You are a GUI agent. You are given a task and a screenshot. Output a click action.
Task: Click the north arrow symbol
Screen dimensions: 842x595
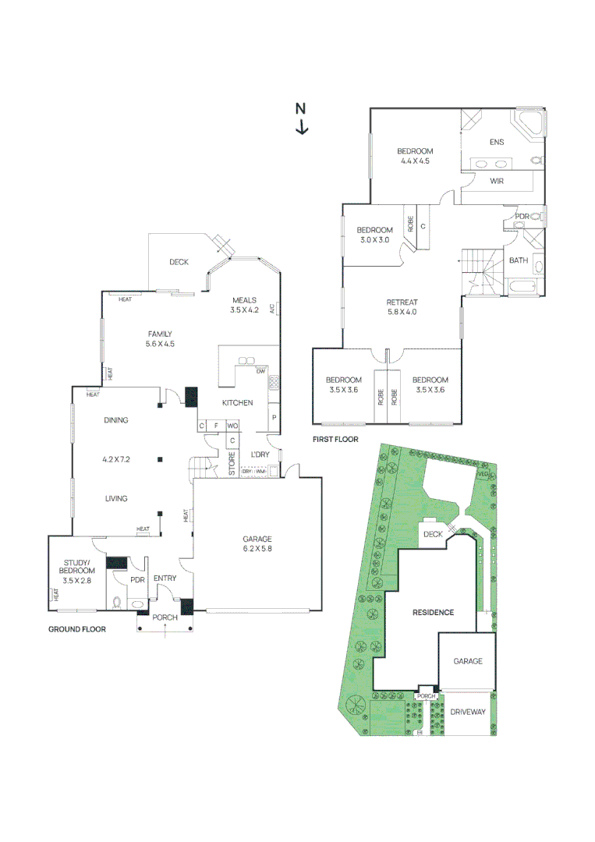[301, 119]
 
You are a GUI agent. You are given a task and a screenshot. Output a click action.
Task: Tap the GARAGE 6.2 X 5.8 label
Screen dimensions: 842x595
[256, 543]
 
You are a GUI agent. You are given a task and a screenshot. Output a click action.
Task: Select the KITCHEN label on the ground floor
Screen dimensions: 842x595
[238, 402]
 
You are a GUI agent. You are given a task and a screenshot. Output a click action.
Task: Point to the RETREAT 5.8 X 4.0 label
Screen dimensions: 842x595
[402, 307]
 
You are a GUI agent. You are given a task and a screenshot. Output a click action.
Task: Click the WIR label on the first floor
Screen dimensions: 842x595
[496, 181]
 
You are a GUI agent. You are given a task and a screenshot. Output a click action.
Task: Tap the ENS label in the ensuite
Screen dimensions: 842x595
[497, 142]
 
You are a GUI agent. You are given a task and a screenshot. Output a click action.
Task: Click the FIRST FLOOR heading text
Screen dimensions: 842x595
[335, 440]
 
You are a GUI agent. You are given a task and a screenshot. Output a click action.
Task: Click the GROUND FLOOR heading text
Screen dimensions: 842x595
[77, 628]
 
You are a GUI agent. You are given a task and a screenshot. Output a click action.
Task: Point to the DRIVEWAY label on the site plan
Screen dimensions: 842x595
[467, 713]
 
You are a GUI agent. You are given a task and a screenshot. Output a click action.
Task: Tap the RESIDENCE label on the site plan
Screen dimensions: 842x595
[432, 613]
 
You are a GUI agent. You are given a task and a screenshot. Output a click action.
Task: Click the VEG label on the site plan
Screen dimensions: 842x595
[482, 474]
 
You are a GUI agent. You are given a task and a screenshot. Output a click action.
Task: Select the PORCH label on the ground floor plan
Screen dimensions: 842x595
[165, 617]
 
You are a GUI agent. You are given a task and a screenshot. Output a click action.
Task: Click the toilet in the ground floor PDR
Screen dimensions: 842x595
[118, 602]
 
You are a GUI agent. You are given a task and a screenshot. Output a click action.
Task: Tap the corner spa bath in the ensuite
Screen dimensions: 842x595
[528, 125]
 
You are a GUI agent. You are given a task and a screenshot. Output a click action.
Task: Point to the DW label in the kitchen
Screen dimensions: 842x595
[259, 371]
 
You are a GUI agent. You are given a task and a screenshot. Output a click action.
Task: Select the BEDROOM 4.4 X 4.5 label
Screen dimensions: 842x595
[414, 156]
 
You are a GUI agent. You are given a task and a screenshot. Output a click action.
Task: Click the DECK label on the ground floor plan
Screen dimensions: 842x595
[179, 262]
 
